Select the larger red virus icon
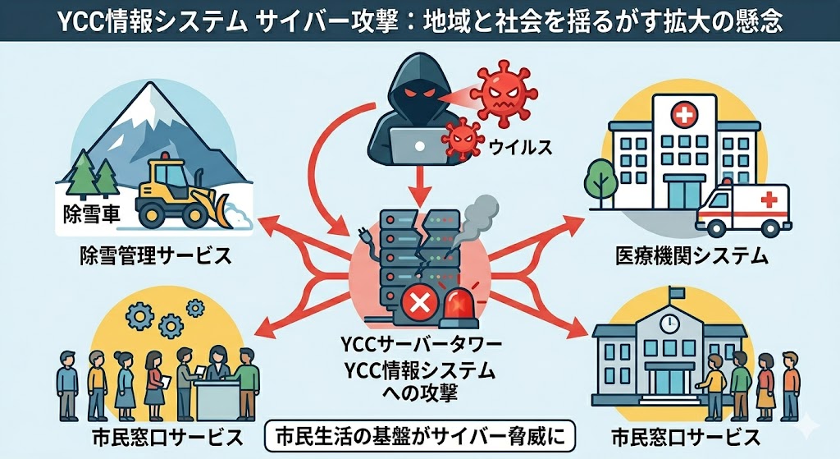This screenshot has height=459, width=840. point(500,95)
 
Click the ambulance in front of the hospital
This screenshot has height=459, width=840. point(744,209)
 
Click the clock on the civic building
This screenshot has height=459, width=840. point(670,319)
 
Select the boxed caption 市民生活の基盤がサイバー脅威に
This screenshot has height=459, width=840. point(418,436)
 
